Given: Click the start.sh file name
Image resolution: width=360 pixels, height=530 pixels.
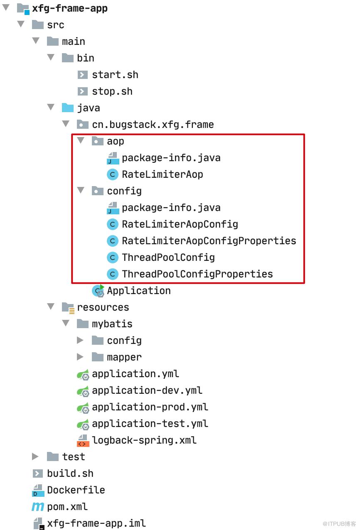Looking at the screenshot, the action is tap(115, 75).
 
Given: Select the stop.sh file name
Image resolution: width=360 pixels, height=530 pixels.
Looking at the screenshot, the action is tap(112, 91).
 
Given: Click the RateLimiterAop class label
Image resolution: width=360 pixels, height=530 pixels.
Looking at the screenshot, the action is tap(163, 174).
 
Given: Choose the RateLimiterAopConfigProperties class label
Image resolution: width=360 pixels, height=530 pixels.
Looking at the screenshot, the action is tap(209, 241).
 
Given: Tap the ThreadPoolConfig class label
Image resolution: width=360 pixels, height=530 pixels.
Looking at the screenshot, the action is tap(168, 258).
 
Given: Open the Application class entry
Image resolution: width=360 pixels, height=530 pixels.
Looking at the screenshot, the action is tap(139, 291).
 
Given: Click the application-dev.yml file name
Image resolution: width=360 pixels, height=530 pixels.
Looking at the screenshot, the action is tap(147, 390).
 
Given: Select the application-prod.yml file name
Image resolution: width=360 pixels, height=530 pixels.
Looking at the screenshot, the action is tap(150, 407).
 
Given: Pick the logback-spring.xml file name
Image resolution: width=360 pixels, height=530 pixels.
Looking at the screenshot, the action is tap(144, 440).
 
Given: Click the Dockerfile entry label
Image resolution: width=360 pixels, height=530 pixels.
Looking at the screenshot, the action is tap(76, 490).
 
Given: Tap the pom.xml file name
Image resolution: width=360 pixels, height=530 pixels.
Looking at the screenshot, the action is tap(67, 507).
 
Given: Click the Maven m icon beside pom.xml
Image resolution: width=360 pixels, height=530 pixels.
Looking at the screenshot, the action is tap(38, 507).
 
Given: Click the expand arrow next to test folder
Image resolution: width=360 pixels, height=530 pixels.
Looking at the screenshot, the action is tap(35, 456).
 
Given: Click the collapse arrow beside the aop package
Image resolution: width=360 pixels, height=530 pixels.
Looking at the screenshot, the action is tap(81, 141).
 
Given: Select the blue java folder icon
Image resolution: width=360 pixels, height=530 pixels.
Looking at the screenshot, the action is tap(67, 108).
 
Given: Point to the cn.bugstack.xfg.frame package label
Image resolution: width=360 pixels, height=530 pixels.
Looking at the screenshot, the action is tap(153, 125).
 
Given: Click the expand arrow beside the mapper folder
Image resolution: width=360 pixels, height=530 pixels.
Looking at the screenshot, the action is tap(80, 357).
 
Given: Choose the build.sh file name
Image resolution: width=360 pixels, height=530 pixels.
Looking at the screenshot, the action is tap(70, 474).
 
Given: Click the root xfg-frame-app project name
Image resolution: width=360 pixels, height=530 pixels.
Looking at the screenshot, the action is tap(70, 9).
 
